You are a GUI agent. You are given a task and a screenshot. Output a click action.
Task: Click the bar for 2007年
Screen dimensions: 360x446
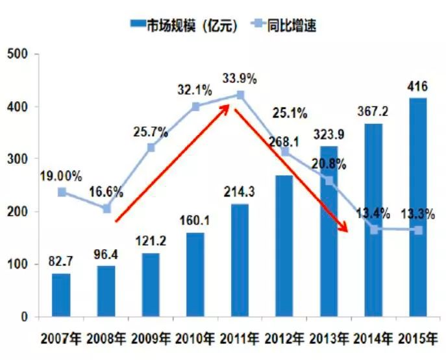(x=61, y=295)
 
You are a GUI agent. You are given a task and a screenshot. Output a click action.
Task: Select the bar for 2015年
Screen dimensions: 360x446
(x=418, y=208)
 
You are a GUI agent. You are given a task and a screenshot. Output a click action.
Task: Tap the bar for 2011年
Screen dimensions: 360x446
(x=240, y=261)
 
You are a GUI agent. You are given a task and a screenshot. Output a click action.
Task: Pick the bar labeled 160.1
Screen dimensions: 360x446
(x=195, y=275)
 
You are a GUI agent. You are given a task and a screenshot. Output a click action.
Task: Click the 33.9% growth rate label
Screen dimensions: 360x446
(x=240, y=79)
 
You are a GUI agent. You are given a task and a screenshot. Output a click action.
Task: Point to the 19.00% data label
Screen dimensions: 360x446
(x=60, y=176)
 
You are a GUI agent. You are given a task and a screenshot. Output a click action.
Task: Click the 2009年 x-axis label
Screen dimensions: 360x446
(x=151, y=339)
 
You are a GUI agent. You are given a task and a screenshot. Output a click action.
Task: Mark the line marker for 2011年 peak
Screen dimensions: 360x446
(x=240, y=95)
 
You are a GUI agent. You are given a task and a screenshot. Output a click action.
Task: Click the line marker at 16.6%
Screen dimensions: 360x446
(x=106, y=209)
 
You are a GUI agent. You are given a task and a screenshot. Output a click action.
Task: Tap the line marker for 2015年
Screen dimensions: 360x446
(x=418, y=230)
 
